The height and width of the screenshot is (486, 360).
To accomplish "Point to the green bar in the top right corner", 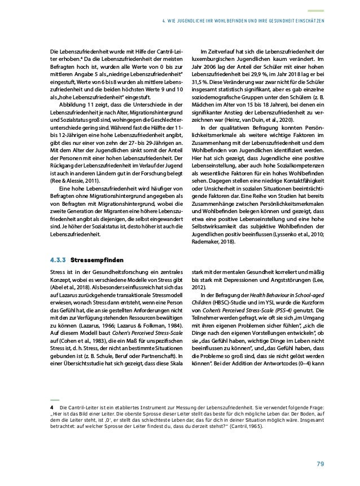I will [318, 10].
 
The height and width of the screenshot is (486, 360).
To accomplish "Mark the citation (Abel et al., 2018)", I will [61, 285].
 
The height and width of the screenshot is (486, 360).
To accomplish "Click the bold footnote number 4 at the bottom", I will [51, 406].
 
